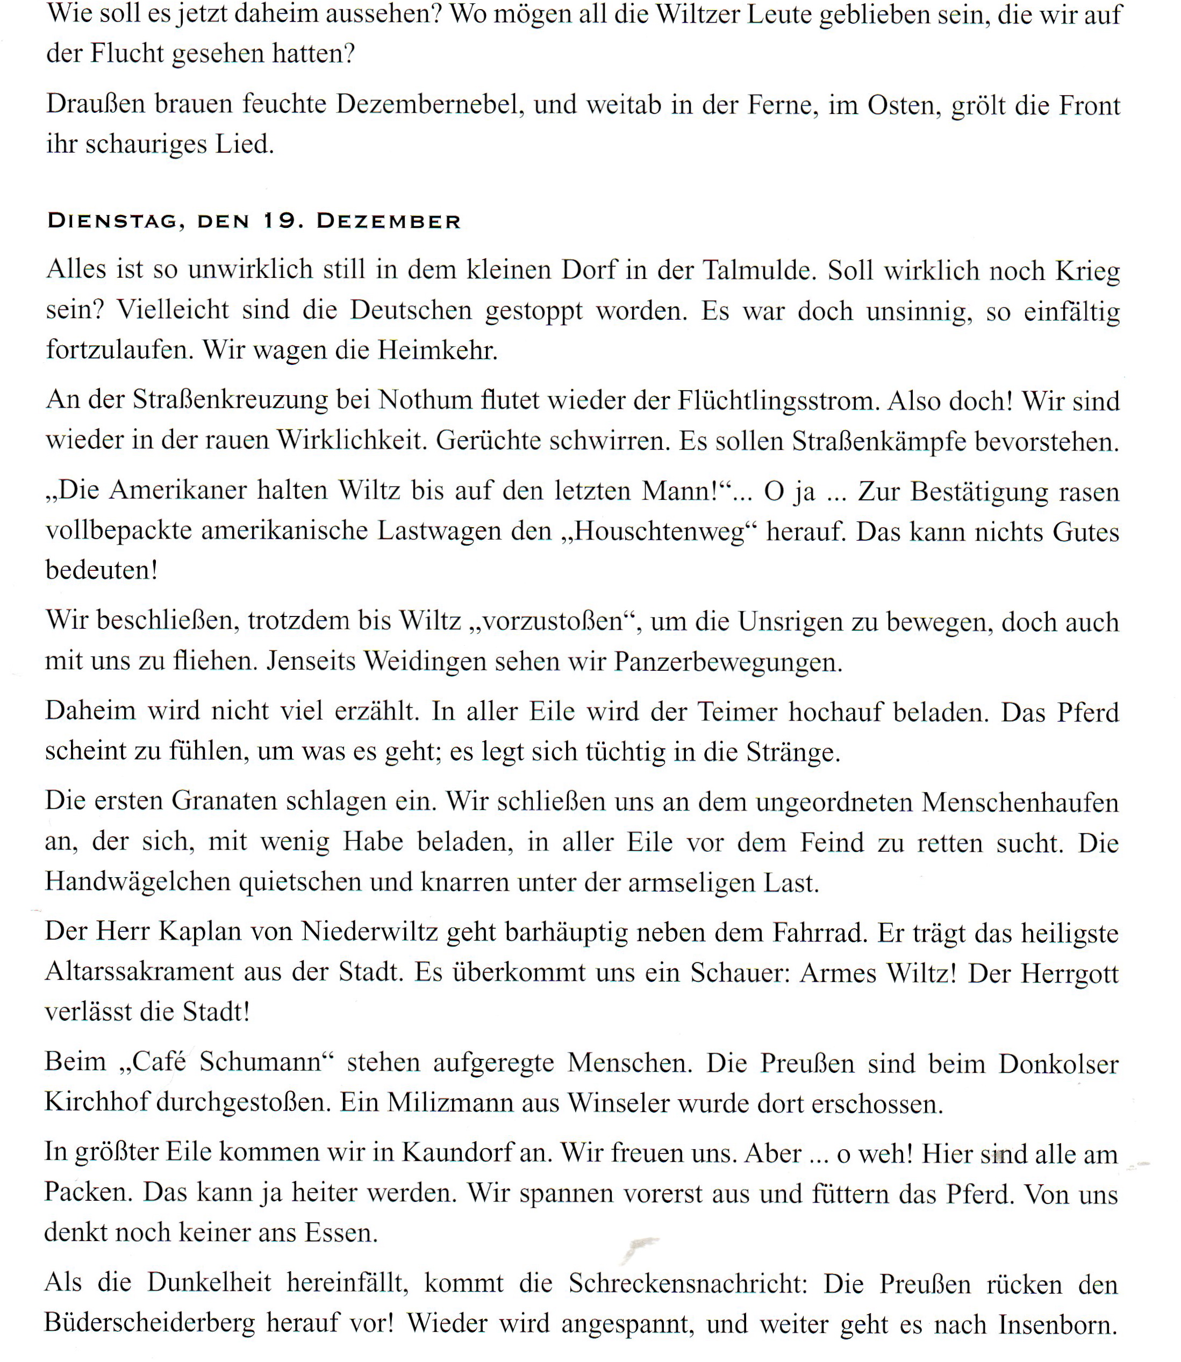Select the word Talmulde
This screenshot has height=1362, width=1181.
coord(756,271)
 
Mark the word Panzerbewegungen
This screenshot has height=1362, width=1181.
coord(728,662)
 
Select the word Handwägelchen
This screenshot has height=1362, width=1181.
coord(138,881)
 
